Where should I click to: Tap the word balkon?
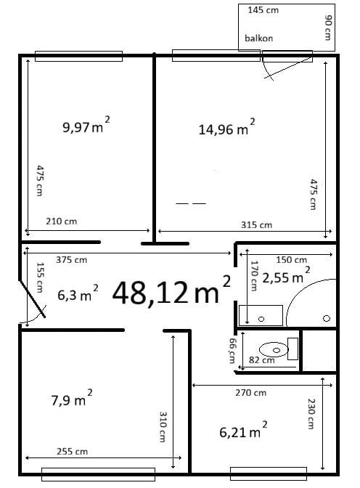[x=259, y=38]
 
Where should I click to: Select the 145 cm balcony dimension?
[x=263, y=10]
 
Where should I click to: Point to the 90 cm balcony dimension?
[x=327, y=28]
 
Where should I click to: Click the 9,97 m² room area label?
[x=86, y=125]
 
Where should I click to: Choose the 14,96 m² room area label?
[x=227, y=127]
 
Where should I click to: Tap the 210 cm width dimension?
[x=61, y=221]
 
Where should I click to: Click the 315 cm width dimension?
[x=256, y=224]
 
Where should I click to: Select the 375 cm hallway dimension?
[x=71, y=259]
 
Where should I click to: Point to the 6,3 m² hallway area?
[x=78, y=293]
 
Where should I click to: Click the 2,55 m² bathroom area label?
[x=286, y=275]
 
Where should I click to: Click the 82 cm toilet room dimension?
[x=262, y=360]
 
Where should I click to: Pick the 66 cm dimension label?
[x=232, y=351]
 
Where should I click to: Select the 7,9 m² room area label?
[x=72, y=399]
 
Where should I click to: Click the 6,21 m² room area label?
[x=243, y=430]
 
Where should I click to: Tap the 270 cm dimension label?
[x=250, y=393]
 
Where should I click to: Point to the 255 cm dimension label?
[x=72, y=451]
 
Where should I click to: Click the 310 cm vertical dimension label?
[x=163, y=427]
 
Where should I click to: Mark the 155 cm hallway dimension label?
[x=40, y=277]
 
